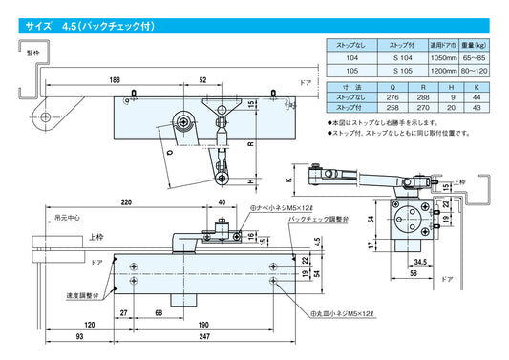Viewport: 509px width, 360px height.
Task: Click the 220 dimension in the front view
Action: tap(126, 203)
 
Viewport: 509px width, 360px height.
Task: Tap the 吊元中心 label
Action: tap(69, 218)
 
